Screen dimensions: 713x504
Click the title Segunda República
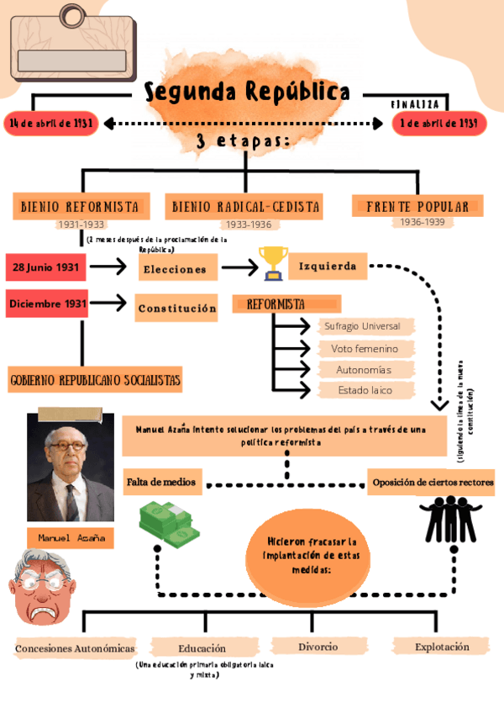click(246, 92)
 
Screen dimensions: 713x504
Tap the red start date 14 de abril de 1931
click(51, 124)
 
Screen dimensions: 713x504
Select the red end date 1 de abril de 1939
click(439, 124)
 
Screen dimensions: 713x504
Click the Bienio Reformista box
click(80, 206)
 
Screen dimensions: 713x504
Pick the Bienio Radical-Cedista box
click(246, 206)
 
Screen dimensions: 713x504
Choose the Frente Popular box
click(417, 206)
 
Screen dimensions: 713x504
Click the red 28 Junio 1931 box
click(47, 267)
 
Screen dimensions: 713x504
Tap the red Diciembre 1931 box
click(47, 304)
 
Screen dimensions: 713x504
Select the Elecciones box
click(175, 269)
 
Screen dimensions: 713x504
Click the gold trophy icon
click(272, 263)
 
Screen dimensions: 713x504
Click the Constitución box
click(176, 309)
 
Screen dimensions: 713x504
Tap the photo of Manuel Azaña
click(71, 467)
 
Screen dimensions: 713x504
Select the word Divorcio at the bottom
click(318, 647)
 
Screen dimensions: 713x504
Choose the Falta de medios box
click(161, 482)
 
